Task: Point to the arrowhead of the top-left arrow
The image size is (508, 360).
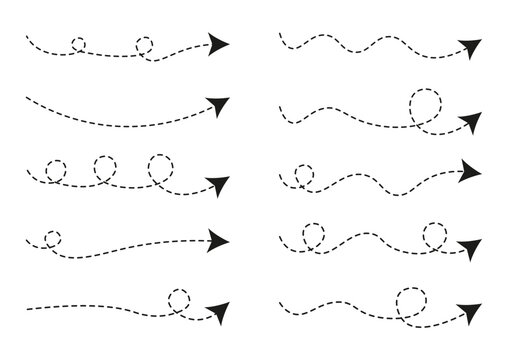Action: coord(217,43)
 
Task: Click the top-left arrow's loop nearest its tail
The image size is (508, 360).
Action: coord(79,44)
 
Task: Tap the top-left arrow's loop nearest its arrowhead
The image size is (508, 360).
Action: coord(144,45)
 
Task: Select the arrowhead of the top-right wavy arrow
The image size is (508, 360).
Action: coord(469,47)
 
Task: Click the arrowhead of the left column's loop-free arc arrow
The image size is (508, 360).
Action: coord(217,104)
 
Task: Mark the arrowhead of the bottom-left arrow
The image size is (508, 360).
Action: coord(217,310)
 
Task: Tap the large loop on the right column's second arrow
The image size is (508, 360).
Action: coord(424,105)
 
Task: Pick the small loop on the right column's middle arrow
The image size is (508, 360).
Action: coord(301,176)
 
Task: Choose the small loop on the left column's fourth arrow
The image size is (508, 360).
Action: coord(52,239)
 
